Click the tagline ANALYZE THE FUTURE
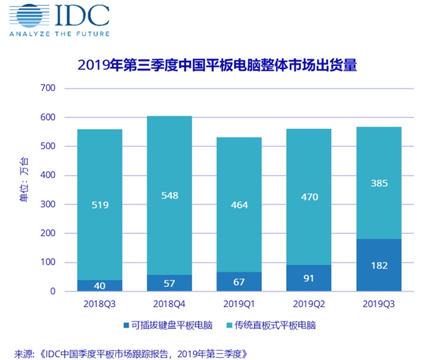tap(59, 33)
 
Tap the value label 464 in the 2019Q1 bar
tap(240, 206)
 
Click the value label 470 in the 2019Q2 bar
tap(310, 197)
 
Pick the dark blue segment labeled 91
tap(310, 278)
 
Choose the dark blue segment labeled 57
tap(169, 283)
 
